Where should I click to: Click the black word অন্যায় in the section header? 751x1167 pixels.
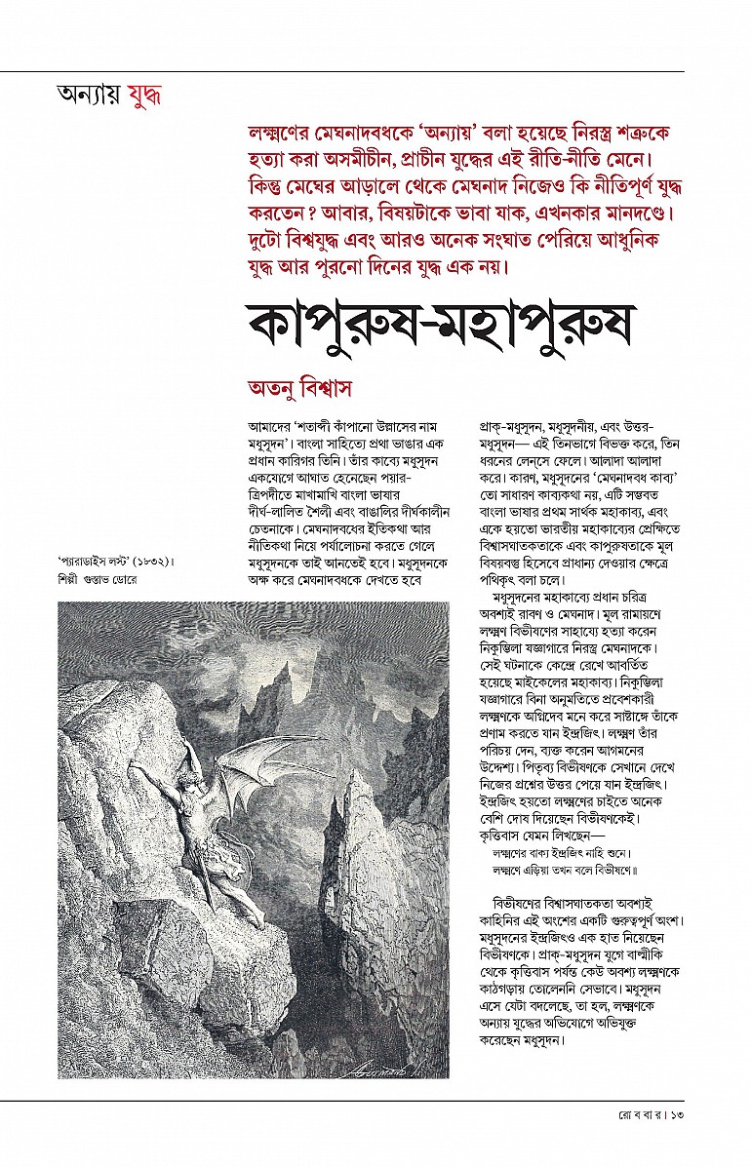coord(91,96)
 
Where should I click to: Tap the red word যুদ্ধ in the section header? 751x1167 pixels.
coord(144,96)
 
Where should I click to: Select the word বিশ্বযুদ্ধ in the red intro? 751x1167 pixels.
coord(321,239)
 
